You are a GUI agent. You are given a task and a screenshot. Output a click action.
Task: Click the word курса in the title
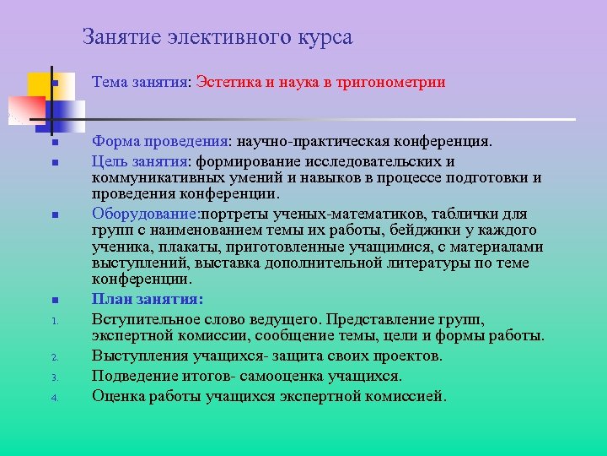pyautogui.click(x=325, y=39)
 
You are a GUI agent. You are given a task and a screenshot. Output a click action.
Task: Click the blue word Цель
pyautogui.click(x=110, y=161)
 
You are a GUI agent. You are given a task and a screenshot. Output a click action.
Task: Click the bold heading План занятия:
pyautogui.click(x=148, y=299)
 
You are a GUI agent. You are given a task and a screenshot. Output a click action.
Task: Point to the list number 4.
pyautogui.click(x=52, y=397)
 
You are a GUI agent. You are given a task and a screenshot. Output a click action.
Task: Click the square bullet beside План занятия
pyautogui.click(x=52, y=300)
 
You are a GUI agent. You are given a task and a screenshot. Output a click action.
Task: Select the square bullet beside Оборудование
pyautogui.click(x=52, y=214)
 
